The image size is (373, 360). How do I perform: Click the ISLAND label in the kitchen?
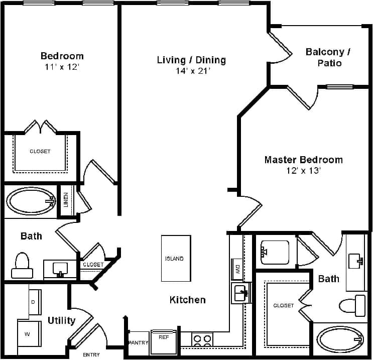coord(175,259)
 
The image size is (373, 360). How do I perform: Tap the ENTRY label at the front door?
coord(91,354)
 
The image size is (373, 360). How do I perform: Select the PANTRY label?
coord(138,342)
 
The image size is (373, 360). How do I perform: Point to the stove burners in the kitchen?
coord(202,341)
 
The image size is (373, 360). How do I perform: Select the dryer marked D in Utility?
coord(34,302)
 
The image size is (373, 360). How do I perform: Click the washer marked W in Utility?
coord(28,333)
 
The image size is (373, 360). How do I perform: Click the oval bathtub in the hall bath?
coord(30,201)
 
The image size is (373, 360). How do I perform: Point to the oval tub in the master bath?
coord(339,341)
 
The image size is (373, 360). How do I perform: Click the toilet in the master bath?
coord(353,305)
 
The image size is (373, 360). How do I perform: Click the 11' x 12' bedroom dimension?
coord(62,67)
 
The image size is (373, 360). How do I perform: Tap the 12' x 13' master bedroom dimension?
coord(303,171)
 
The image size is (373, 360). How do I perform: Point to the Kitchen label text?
coord(187,300)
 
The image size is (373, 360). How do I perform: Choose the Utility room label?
coord(61,320)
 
